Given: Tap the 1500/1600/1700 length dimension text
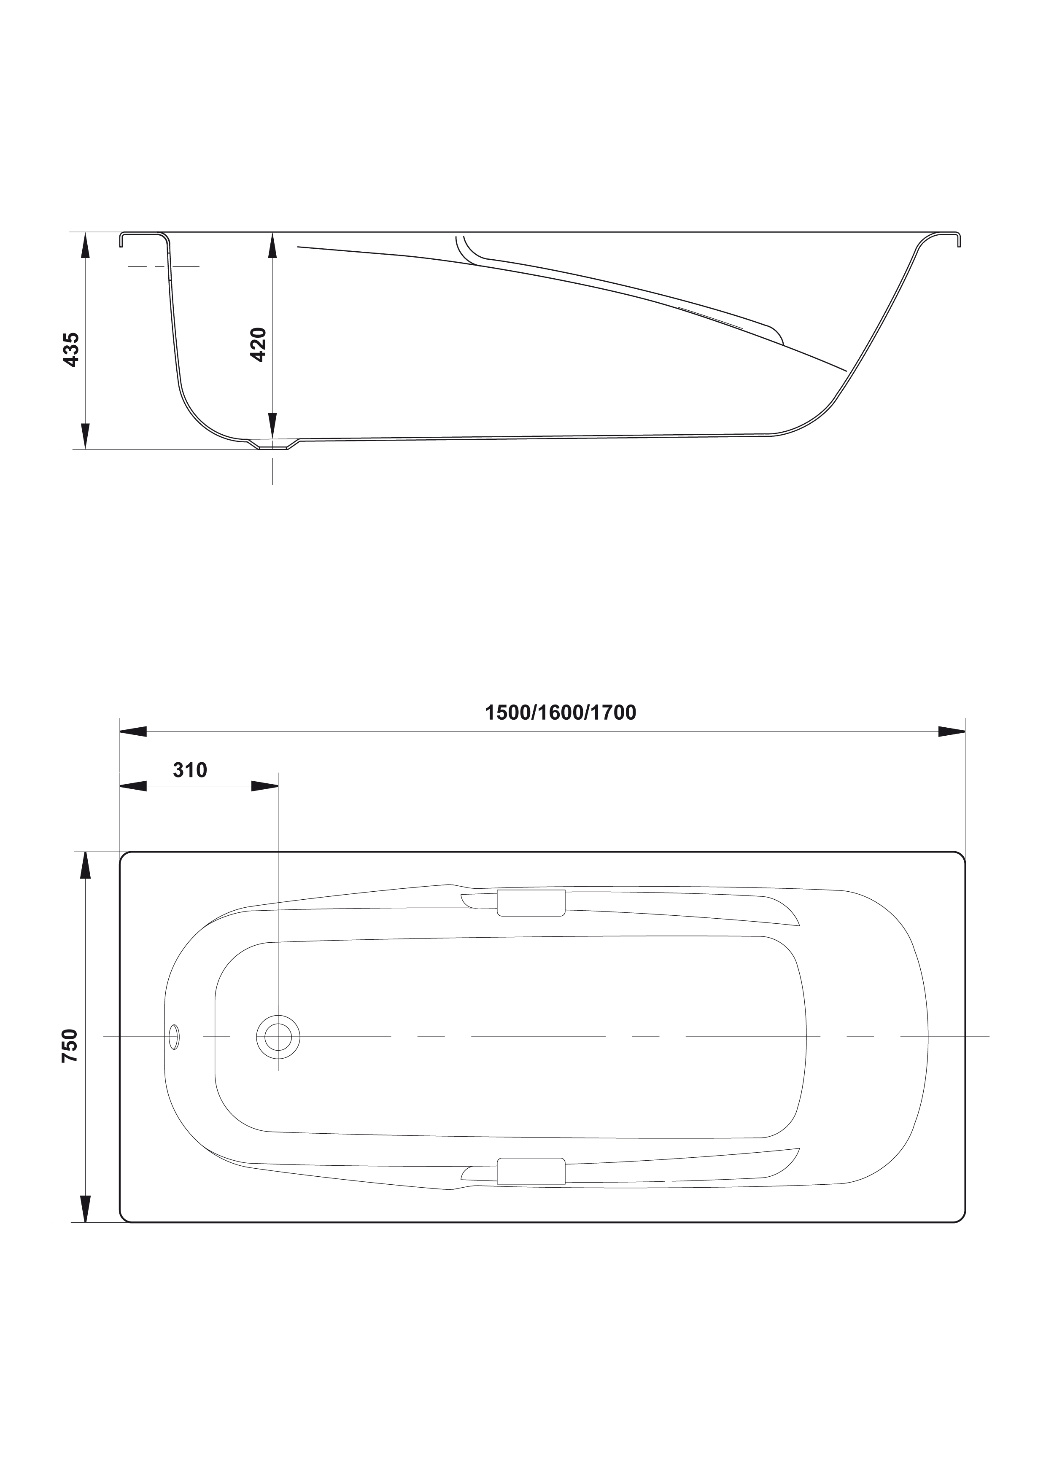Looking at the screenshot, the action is click(560, 713).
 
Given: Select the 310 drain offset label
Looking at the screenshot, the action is click(190, 770).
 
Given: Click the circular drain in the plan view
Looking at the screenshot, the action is click(278, 1036).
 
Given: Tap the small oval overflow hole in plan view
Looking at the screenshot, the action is click(174, 1036).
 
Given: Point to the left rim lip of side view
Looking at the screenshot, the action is click(143, 237).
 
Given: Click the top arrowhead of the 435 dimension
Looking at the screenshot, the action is click(85, 245).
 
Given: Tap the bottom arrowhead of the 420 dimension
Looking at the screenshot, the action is click(272, 425).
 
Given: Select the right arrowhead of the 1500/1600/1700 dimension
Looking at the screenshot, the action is click(951, 732).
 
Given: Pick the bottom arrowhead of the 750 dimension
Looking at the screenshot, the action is click(85, 1208).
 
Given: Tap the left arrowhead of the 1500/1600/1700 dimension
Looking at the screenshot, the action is click(133, 732).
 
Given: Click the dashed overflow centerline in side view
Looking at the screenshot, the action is click(164, 266).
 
